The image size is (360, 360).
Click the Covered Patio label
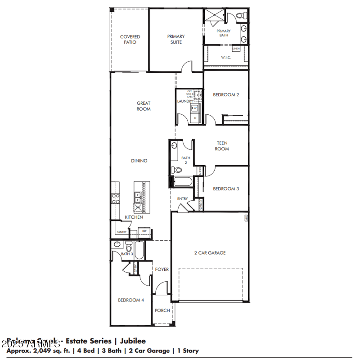[x=130, y=40]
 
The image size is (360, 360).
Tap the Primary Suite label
[x=176, y=40]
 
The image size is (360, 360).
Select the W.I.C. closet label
[x=226, y=58]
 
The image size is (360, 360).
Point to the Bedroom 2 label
[x=226, y=95]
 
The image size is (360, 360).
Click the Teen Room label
[x=221, y=146]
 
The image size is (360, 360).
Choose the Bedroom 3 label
[x=226, y=189]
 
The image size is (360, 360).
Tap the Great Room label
[x=144, y=106]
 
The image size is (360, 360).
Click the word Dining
[x=139, y=161]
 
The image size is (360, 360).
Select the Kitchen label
[x=134, y=217]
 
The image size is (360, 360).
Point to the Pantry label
[x=121, y=232]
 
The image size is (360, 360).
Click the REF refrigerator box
[x=144, y=231]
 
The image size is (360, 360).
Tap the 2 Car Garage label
[x=210, y=253]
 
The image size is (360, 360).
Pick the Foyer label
[x=162, y=270]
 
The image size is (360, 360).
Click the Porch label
[x=162, y=310]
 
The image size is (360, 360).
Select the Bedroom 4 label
[x=131, y=300]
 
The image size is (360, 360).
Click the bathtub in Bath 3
[x=139, y=251]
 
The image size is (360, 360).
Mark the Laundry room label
[x=185, y=101]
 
